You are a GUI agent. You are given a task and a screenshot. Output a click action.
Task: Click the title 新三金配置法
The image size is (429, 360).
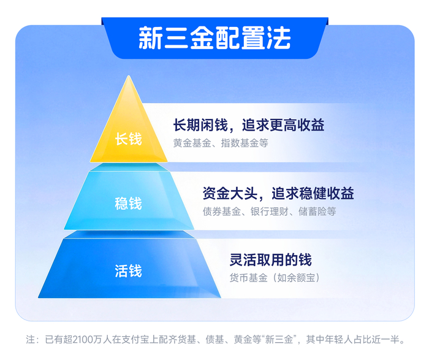coord(214,38)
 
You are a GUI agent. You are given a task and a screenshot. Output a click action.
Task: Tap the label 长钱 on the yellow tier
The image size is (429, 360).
coord(128,139)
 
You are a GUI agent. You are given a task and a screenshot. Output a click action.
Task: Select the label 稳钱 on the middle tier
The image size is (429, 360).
coord(128,203)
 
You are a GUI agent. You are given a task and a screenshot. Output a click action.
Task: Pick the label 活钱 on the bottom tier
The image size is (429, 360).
coord(128,270)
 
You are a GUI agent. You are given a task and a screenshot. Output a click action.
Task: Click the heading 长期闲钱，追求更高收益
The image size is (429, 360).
coord(248,125)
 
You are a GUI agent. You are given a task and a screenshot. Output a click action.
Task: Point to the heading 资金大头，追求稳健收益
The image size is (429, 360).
coord(278,194)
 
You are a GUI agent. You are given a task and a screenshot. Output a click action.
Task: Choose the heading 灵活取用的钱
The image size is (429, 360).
coord(270,259)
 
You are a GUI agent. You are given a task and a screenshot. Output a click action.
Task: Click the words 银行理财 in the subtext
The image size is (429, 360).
coord(269,212)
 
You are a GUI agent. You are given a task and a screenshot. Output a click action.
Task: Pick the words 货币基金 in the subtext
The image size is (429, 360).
coord(249,278)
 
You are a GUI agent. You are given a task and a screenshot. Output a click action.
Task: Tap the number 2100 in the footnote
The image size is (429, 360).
coord(82,339)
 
